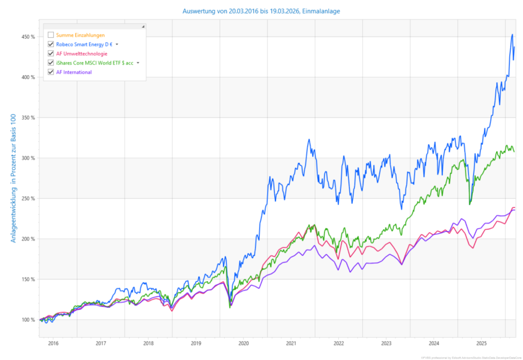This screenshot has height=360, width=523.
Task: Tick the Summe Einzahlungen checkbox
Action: pos(51,35)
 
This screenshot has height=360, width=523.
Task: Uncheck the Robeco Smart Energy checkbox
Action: pos(51,44)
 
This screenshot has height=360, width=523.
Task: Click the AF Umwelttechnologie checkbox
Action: pos(51,53)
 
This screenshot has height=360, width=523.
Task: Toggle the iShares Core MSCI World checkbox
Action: pos(51,63)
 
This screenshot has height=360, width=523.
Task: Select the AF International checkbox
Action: pos(51,72)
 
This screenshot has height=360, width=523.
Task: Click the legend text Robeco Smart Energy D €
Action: pos(84,44)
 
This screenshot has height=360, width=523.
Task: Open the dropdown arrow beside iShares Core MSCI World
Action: pos(138,63)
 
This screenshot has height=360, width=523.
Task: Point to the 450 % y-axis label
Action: pos(28,37)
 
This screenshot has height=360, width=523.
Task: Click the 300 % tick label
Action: pos(28,158)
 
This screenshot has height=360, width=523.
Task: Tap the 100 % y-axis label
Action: pos(28,319)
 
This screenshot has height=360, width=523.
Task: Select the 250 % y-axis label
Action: pos(28,199)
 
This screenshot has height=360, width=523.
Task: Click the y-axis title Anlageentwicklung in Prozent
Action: pos(13,178)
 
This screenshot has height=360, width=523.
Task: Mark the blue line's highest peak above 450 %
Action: pos(512,34)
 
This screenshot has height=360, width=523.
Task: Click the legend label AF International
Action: pos(74,72)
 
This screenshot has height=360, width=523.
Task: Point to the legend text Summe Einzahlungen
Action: pos(80,35)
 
